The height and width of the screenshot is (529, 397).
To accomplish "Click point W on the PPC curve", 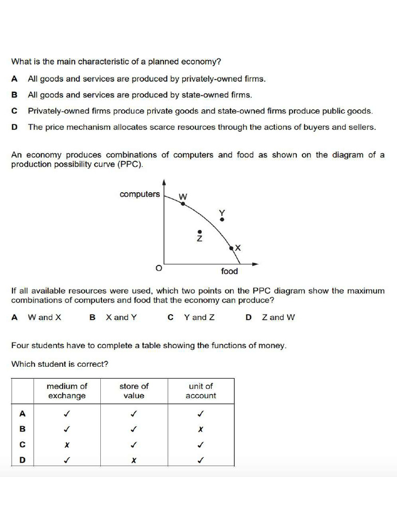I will point(182,204).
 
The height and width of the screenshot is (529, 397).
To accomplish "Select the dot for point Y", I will point(222,220).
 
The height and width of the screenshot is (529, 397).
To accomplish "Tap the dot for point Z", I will point(200,232).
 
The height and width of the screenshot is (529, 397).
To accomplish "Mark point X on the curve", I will point(232,248).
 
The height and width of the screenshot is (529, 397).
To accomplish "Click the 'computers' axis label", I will point(140,194).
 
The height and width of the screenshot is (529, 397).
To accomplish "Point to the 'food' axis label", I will point(230,271).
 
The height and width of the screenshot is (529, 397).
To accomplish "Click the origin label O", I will point(159,269).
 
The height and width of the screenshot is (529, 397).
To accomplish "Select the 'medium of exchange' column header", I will point(67,391).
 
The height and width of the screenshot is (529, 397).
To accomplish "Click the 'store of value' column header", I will point(134,391).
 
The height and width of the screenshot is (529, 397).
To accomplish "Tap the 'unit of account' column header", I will point(201,391).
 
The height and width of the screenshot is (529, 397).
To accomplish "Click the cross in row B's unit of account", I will point(201,429).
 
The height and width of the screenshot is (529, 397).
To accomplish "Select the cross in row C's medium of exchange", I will point(67,445).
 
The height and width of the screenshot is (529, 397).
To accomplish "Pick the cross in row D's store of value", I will point(133,460).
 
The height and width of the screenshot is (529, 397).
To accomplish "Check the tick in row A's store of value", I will point(133,414).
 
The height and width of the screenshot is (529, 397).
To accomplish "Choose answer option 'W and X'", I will point(44,317).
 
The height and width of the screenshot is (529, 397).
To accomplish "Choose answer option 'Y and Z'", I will point(199,317).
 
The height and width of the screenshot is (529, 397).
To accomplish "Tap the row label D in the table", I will point(22,460).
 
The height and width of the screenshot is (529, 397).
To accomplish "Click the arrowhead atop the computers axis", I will point(164,182).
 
